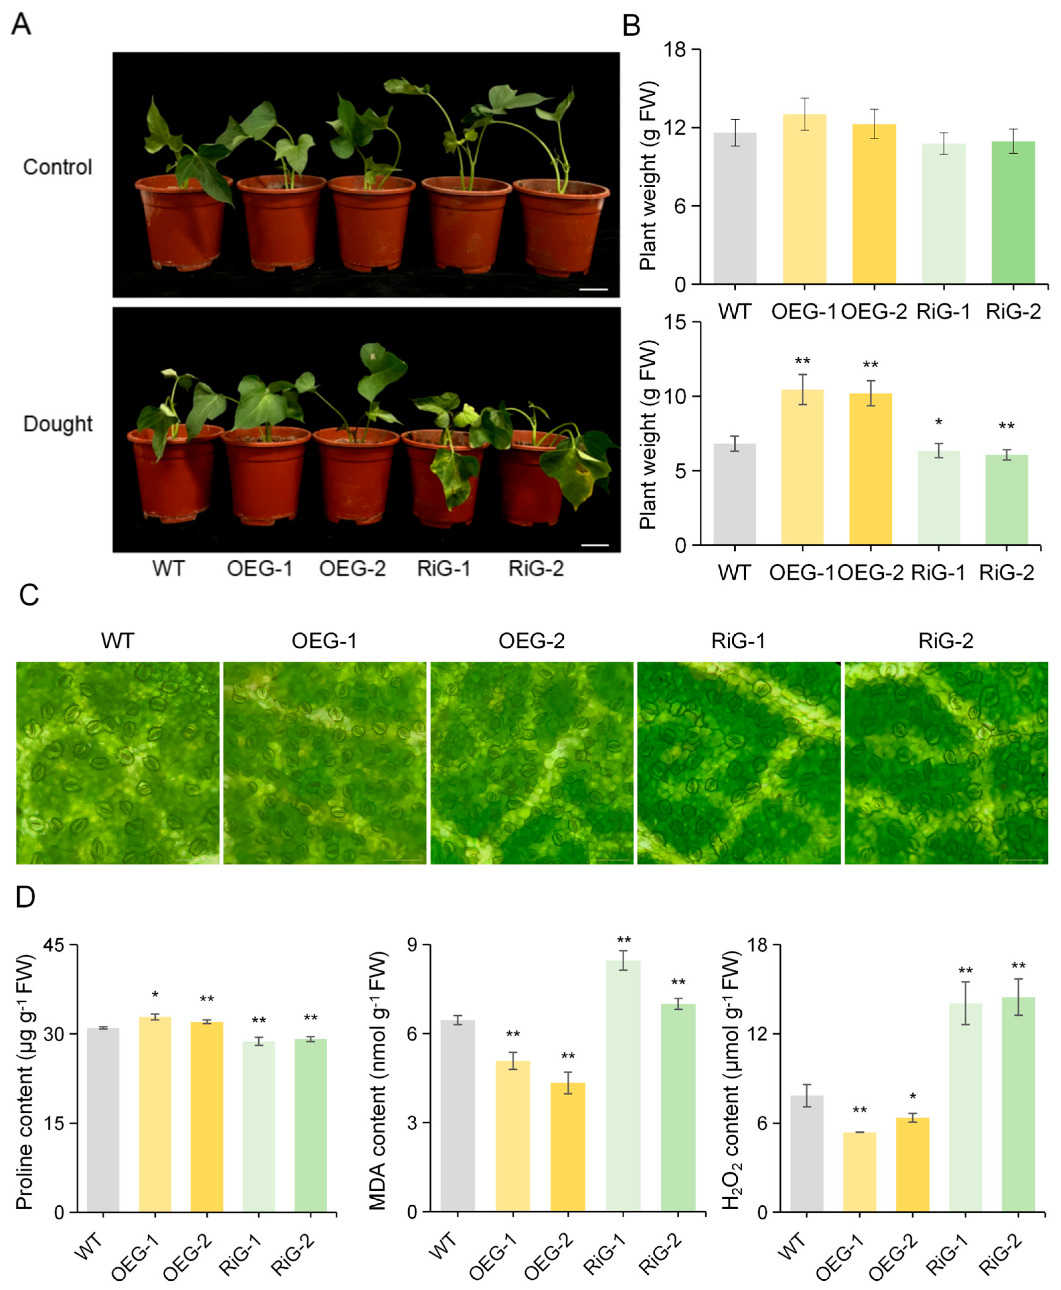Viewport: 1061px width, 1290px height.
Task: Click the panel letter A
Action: click(21, 25)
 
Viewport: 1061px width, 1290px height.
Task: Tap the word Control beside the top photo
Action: click(57, 167)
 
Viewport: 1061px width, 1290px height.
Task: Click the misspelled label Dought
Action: click(57, 424)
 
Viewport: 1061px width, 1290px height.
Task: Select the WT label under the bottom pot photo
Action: click(168, 569)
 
